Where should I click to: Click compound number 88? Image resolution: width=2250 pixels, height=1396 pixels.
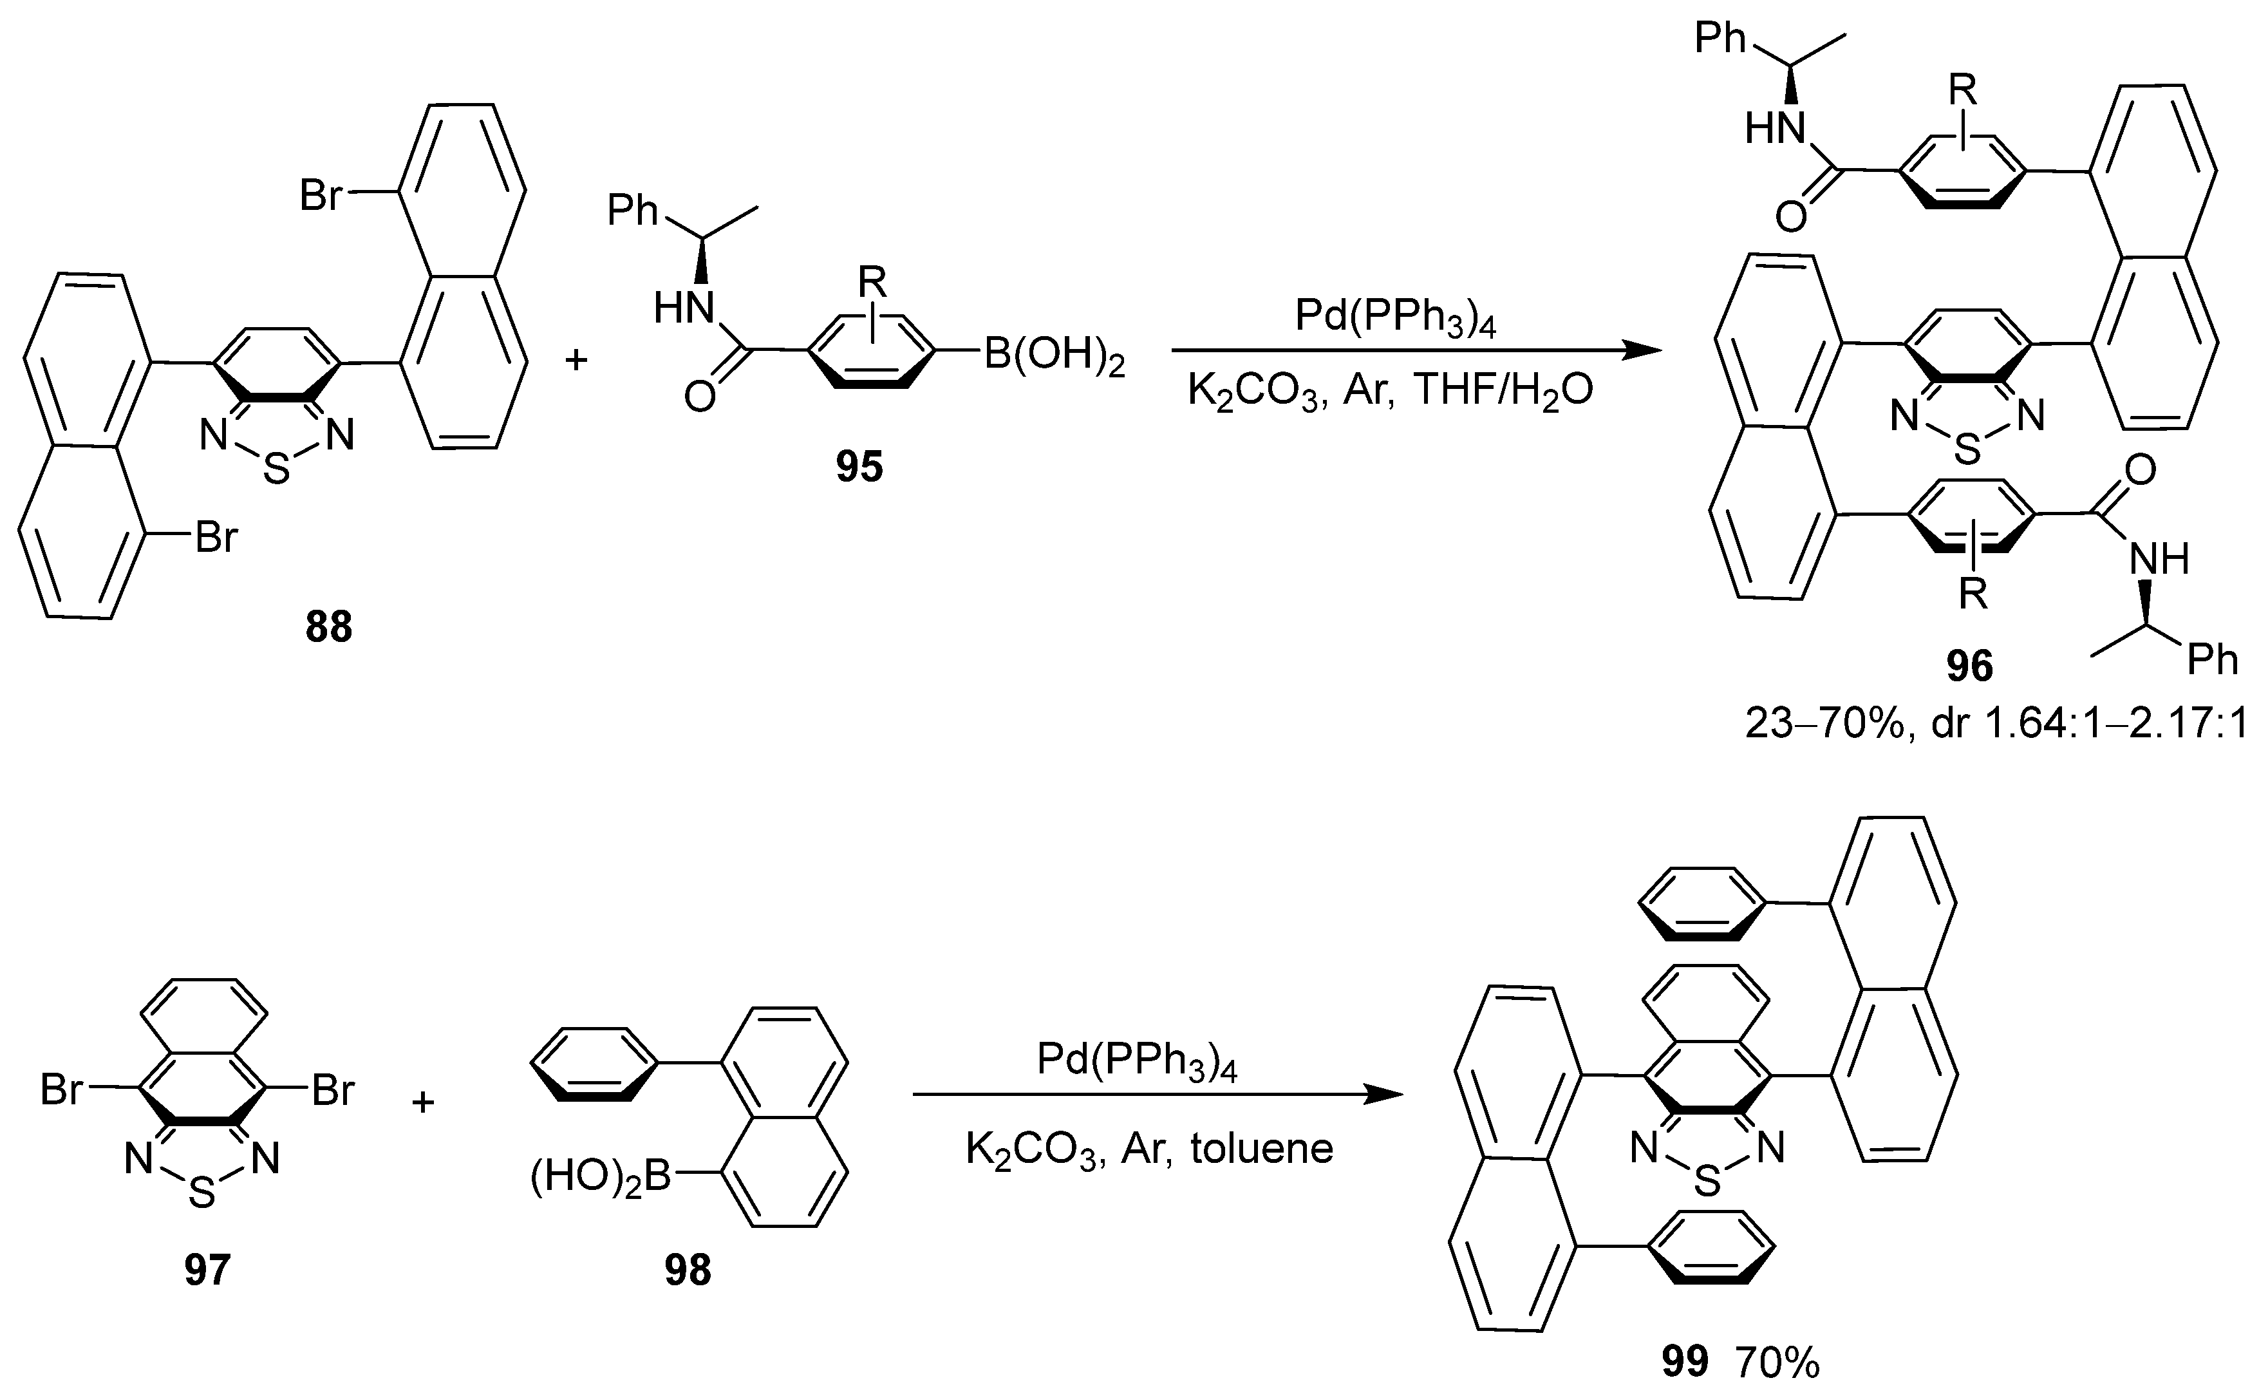coord(328,628)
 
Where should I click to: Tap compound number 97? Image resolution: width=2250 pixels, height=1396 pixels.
coord(206,1270)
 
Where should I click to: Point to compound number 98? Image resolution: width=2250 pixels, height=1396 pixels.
coord(688,1270)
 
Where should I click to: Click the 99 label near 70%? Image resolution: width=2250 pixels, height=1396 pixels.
coord(1684,1362)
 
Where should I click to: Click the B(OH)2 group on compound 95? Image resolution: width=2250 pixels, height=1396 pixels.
coord(1054,355)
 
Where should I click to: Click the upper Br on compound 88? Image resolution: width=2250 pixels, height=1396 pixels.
coord(321,196)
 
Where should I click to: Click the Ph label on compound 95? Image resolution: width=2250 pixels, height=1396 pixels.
coord(632,211)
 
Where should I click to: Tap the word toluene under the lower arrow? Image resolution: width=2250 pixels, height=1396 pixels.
coord(1262,1149)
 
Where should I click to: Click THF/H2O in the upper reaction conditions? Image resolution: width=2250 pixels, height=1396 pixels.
coord(1503,391)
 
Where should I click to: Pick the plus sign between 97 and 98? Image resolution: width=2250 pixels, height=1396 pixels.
coord(423,1102)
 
